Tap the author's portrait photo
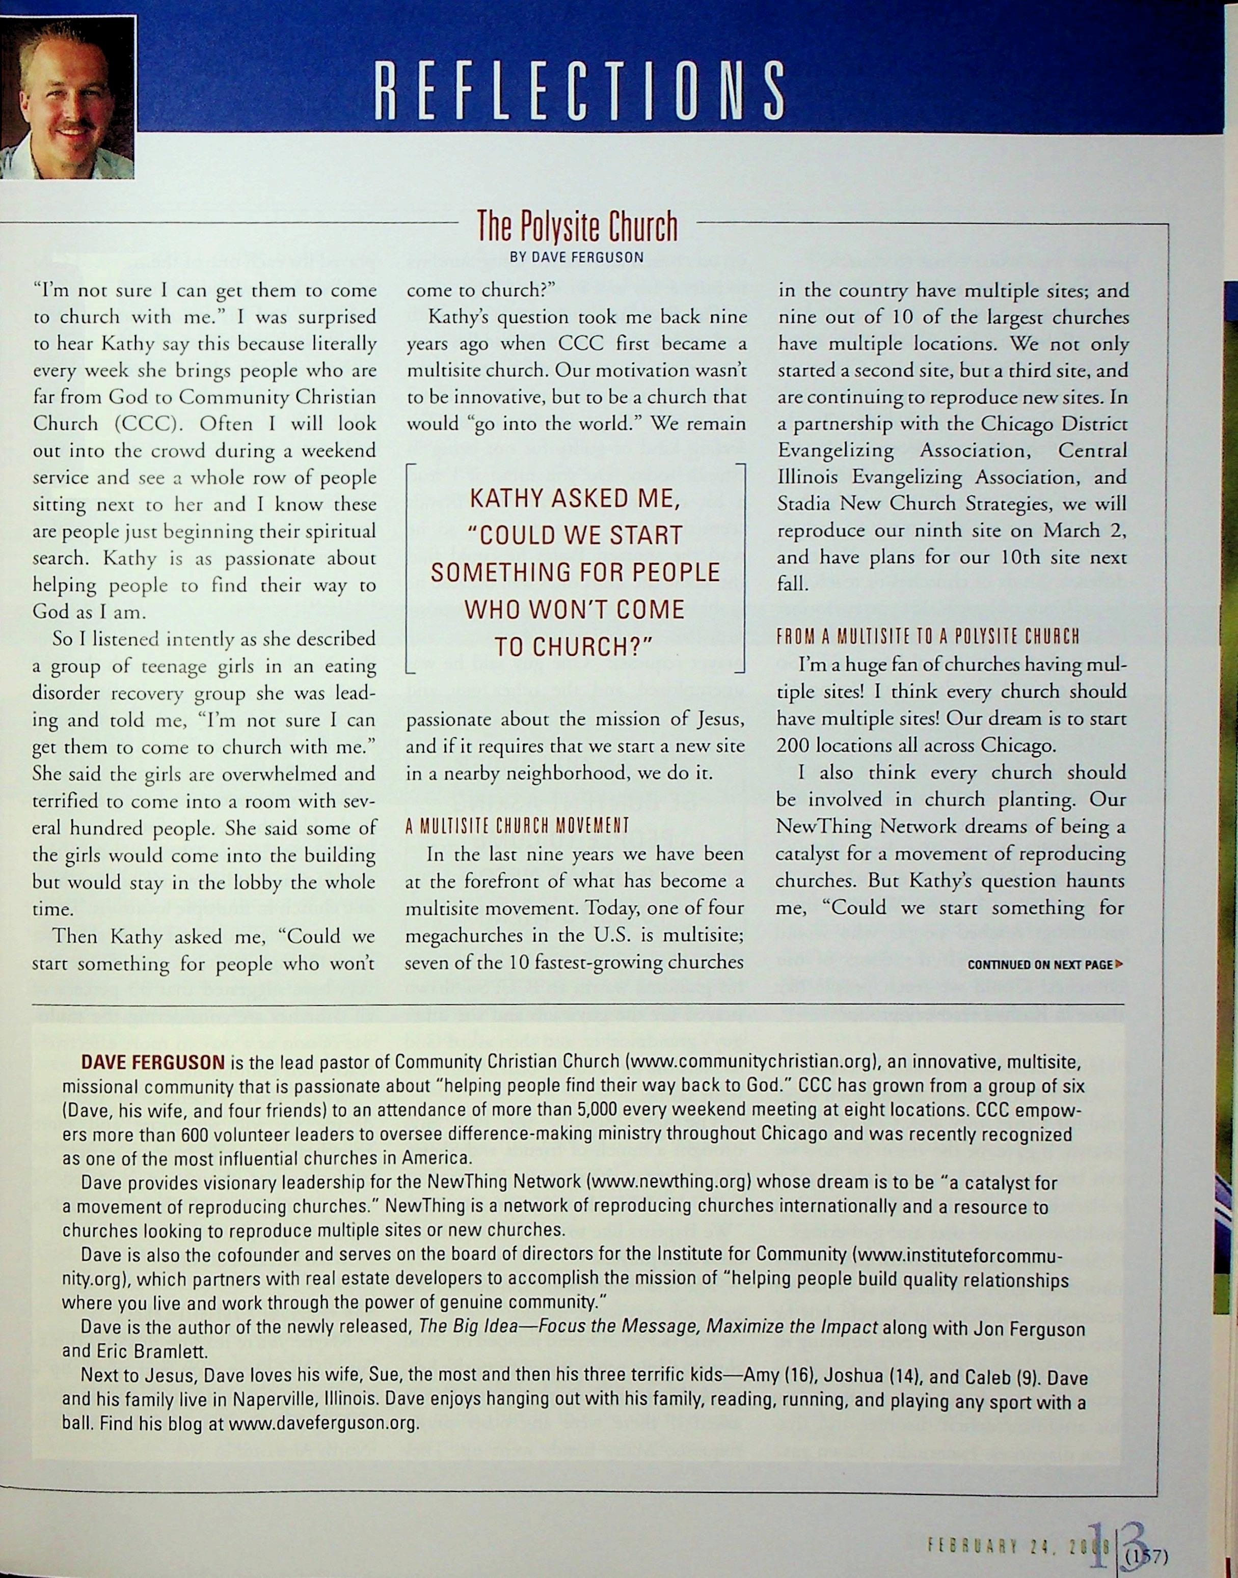pos(67,98)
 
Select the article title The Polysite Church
pos(577,228)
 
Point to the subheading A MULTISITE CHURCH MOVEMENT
pos(517,826)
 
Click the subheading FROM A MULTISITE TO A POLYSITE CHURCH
pos(928,637)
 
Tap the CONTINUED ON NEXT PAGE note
pos(1044,964)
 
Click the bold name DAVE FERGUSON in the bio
pos(153,1063)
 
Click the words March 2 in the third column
pos(1084,531)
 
